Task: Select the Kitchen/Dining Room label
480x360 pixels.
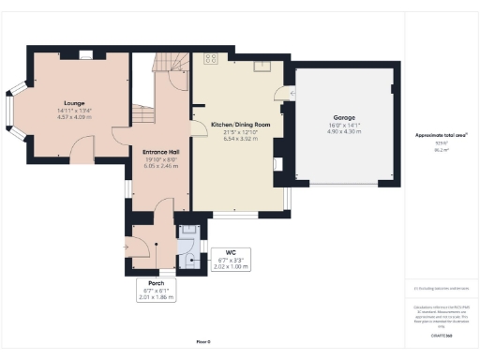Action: coord(240,124)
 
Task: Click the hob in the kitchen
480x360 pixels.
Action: coord(212,58)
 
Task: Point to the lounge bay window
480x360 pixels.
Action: coord(12,112)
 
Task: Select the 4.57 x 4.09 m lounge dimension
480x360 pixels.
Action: coord(73,118)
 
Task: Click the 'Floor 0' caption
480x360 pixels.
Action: coord(203,341)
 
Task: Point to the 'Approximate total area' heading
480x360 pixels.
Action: coord(441,135)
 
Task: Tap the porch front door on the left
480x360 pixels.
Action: coord(129,247)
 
